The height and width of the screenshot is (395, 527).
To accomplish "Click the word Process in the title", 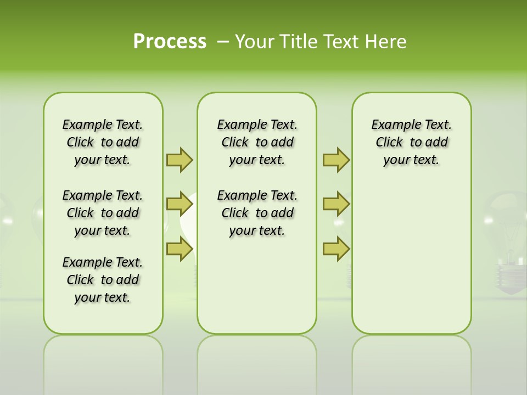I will point(170,42).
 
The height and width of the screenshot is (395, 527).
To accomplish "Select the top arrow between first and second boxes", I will point(180,160).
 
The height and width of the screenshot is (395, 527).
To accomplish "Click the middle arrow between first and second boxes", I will point(180,204).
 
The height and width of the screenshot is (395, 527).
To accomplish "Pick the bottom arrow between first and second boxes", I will point(180,249).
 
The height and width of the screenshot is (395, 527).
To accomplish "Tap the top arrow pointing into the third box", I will point(336,160).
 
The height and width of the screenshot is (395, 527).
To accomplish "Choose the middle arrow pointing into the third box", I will point(336,204).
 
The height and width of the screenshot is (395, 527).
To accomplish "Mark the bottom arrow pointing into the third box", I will point(336,249).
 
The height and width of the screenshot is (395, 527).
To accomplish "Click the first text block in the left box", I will point(103,142).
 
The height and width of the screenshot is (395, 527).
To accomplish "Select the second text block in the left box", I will point(103,213).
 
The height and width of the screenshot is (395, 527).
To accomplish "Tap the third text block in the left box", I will point(103,280).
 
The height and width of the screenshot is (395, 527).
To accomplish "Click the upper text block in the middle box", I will point(257,142).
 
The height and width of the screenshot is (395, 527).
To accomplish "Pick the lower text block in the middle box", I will point(257,213).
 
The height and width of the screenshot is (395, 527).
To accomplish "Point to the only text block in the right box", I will point(412,142).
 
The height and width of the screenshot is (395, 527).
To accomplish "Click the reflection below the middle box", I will point(257,362).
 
